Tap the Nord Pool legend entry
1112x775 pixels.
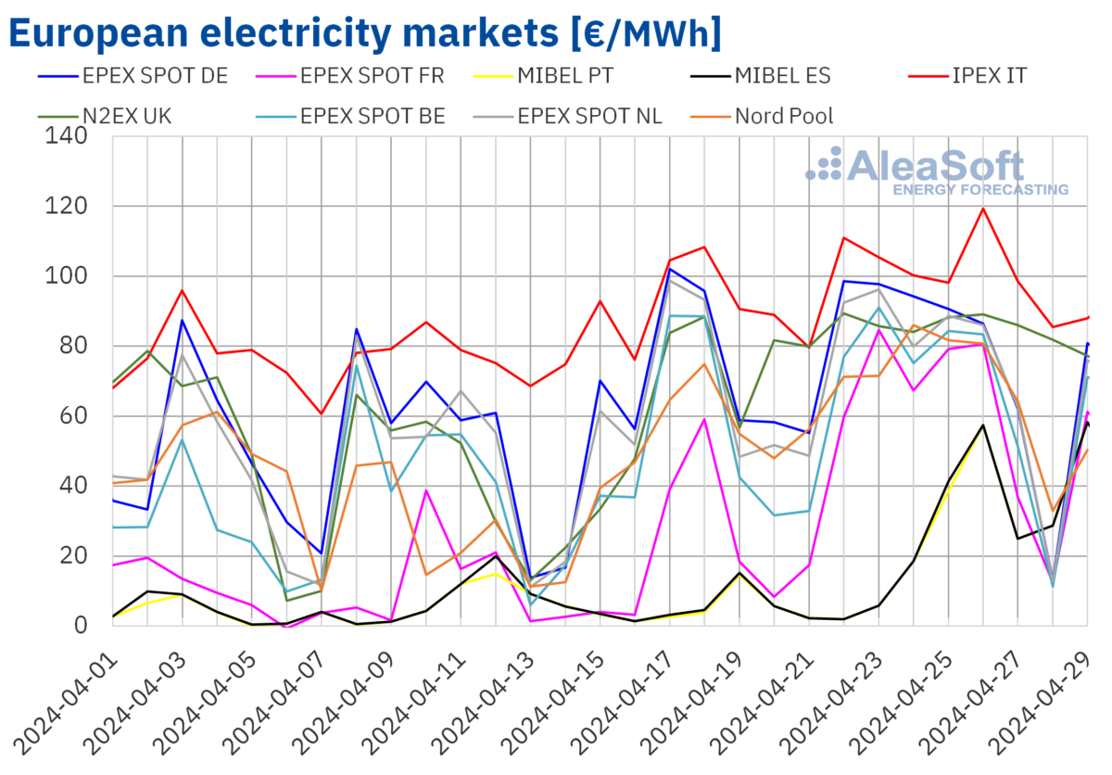click(784, 116)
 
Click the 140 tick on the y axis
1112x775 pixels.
click(66, 137)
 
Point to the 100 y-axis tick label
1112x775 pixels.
click(66, 276)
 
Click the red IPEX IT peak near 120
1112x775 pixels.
click(983, 208)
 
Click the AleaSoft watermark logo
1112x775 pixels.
click(936, 171)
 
